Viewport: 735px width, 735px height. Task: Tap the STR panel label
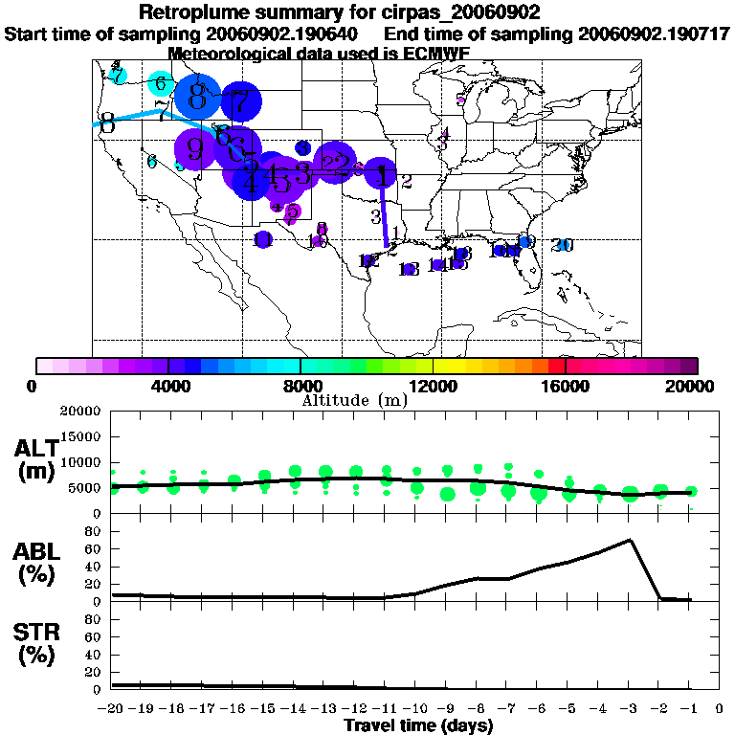pos(37,646)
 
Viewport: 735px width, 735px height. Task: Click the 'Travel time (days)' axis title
pos(418,726)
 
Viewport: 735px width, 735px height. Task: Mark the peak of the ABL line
pos(630,540)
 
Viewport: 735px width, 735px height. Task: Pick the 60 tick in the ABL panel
pos(94,549)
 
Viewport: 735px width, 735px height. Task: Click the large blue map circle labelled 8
pos(198,96)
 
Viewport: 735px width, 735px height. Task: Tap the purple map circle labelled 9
pos(195,148)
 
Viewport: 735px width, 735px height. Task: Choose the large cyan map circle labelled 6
pos(161,83)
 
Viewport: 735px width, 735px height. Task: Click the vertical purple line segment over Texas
pos(385,215)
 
